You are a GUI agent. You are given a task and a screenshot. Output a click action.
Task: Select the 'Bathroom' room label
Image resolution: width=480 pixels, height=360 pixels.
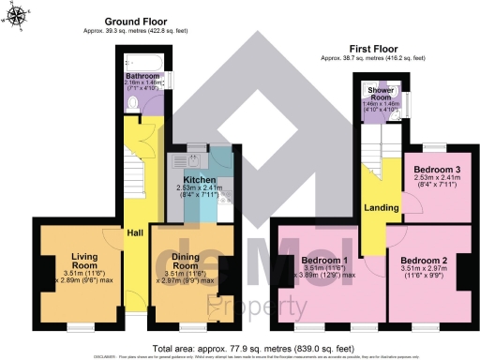click(x=142, y=75)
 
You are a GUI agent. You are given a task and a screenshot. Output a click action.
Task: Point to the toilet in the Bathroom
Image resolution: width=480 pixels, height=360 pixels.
click(x=132, y=103)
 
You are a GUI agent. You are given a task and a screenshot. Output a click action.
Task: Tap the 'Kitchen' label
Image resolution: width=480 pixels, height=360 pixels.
click(x=201, y=179)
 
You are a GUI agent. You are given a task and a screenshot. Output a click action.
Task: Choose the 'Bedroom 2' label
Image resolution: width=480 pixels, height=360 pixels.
click(x=423, y=260)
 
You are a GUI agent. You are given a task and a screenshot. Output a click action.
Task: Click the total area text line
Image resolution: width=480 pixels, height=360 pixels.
click(x=240, y=346)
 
